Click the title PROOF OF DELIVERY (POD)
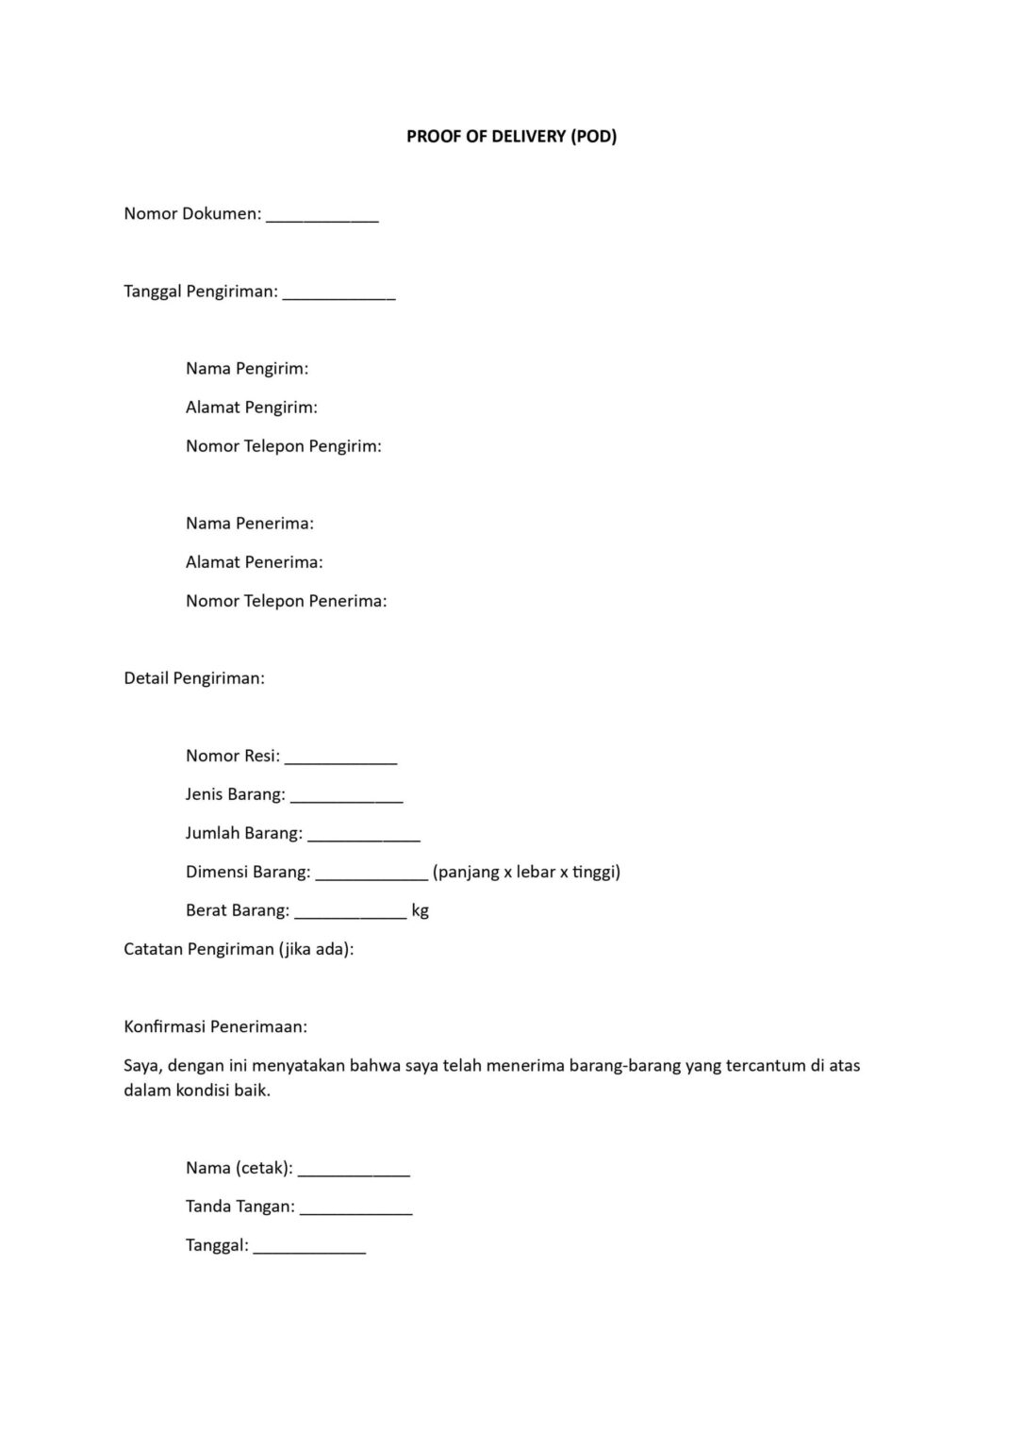click(x=511, y=136)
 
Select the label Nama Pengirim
click(x=247, y=368)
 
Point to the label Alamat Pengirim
click(x=252, y=407)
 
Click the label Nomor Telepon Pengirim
click(x=284, y=445)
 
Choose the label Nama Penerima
click(x=250, y=523)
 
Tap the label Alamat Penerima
click(x=255, y=561)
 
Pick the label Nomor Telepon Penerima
click(x=287, y=600)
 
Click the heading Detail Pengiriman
click(x=194, y=677)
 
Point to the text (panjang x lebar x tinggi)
click(x=526, y=872)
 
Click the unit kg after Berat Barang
click(x=421, y=910)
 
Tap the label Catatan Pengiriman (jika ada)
click(x=239, y=949)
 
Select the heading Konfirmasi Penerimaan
click(x=216, y=1026)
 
